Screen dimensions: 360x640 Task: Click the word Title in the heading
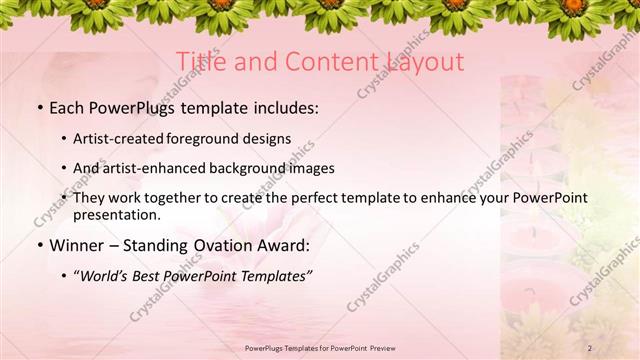[201, 62]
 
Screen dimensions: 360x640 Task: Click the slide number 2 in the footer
[590, 348]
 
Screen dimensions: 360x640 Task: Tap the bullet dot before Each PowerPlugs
[39, 107]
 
